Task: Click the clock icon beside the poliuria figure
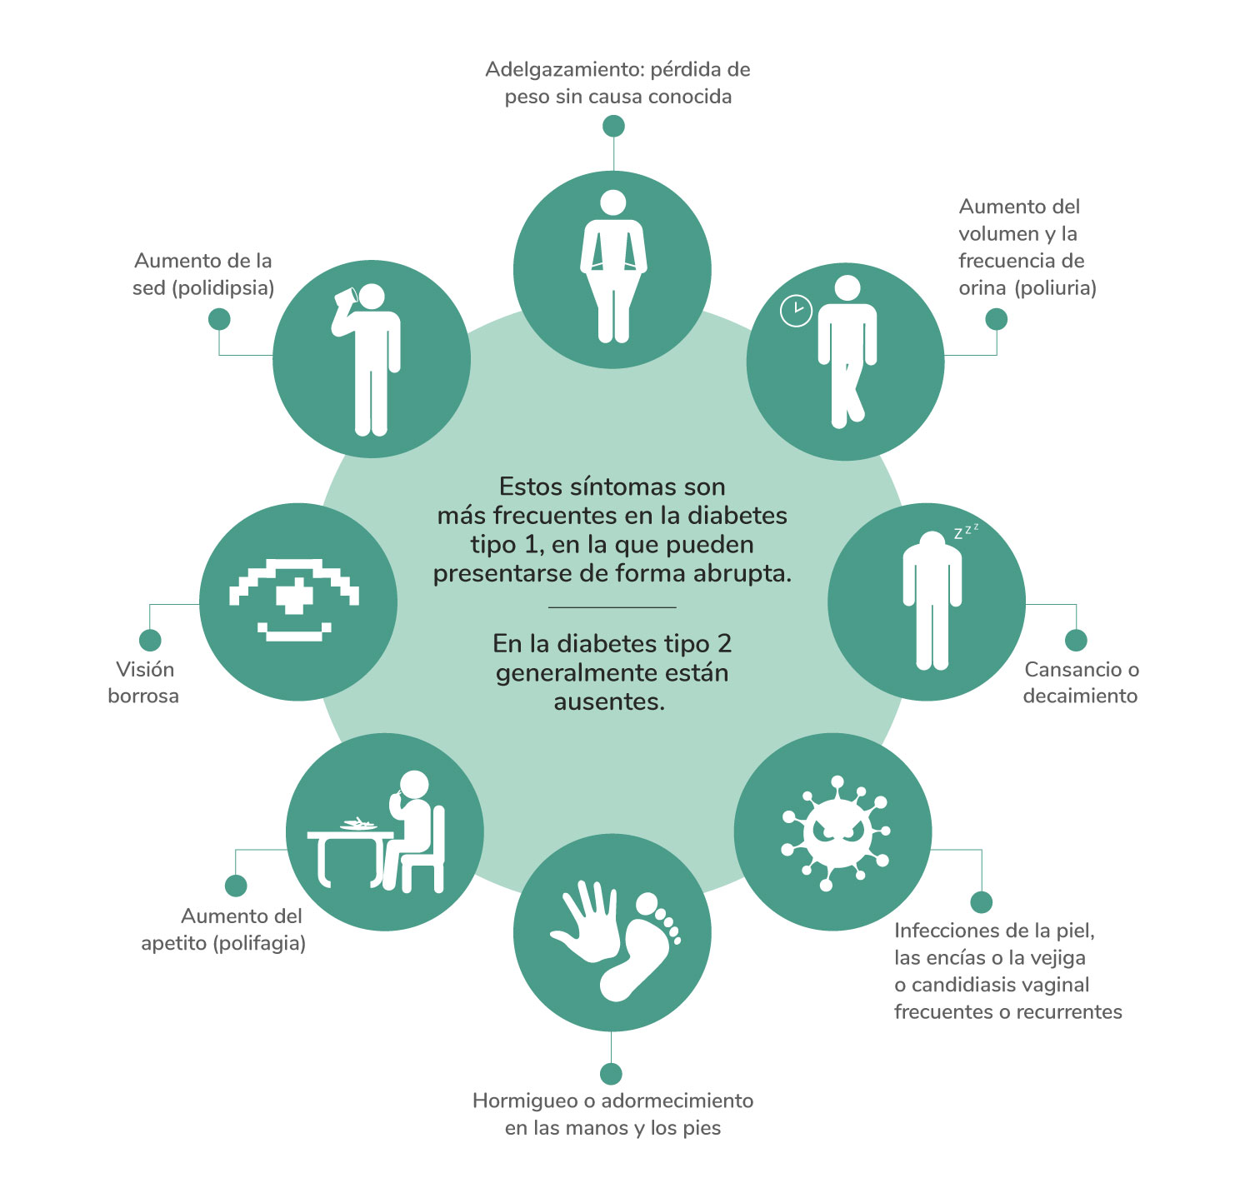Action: point(796,311)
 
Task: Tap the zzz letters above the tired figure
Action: point(966,531)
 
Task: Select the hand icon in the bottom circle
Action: point(586,921)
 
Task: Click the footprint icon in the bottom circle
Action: point(644,950)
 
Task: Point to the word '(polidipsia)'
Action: point(222,288)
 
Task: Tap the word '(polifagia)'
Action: point(259,943)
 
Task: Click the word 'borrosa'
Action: point(143,696)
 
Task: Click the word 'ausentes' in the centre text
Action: point(608,701)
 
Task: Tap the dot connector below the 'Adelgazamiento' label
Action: point(613,126)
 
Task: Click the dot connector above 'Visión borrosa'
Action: point(150,640)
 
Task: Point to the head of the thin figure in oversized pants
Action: point(613,202)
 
